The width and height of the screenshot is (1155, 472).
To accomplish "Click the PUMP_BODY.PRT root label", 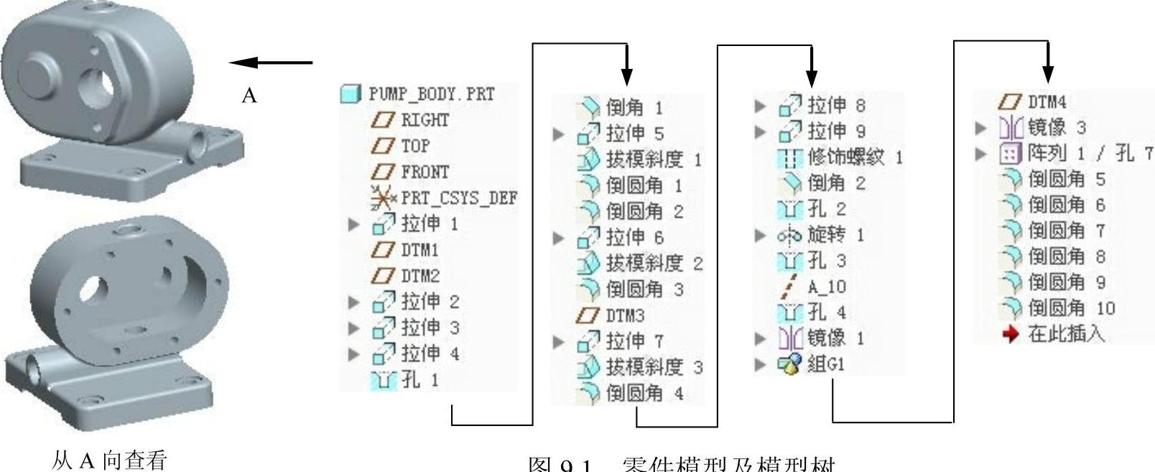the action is [x=431, y=94].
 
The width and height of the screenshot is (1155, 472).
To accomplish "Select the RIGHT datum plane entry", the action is [x=424, y=120].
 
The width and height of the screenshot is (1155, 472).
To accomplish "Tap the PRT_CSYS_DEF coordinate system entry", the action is [x=458, y=198].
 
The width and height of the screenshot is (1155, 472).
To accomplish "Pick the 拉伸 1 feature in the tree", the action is [x=429, y=224].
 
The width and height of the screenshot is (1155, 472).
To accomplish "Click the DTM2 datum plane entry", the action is [x=419, y=276].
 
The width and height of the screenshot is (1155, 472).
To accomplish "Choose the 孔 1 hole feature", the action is [x=419, y=379].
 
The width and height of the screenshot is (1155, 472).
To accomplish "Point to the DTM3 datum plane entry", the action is [x=624, y=315].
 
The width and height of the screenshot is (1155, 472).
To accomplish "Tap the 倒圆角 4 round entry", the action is [x=644, y=393].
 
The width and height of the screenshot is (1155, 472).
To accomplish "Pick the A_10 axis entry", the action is [x=826, y=287].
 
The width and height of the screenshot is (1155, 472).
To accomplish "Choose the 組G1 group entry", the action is [x=825, y=364].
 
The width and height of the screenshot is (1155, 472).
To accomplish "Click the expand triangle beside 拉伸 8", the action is [x=761, y=106].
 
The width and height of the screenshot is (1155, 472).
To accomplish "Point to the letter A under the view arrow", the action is [x=249, y=96].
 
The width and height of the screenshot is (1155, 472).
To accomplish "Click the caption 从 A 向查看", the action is [x=109, y=460].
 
